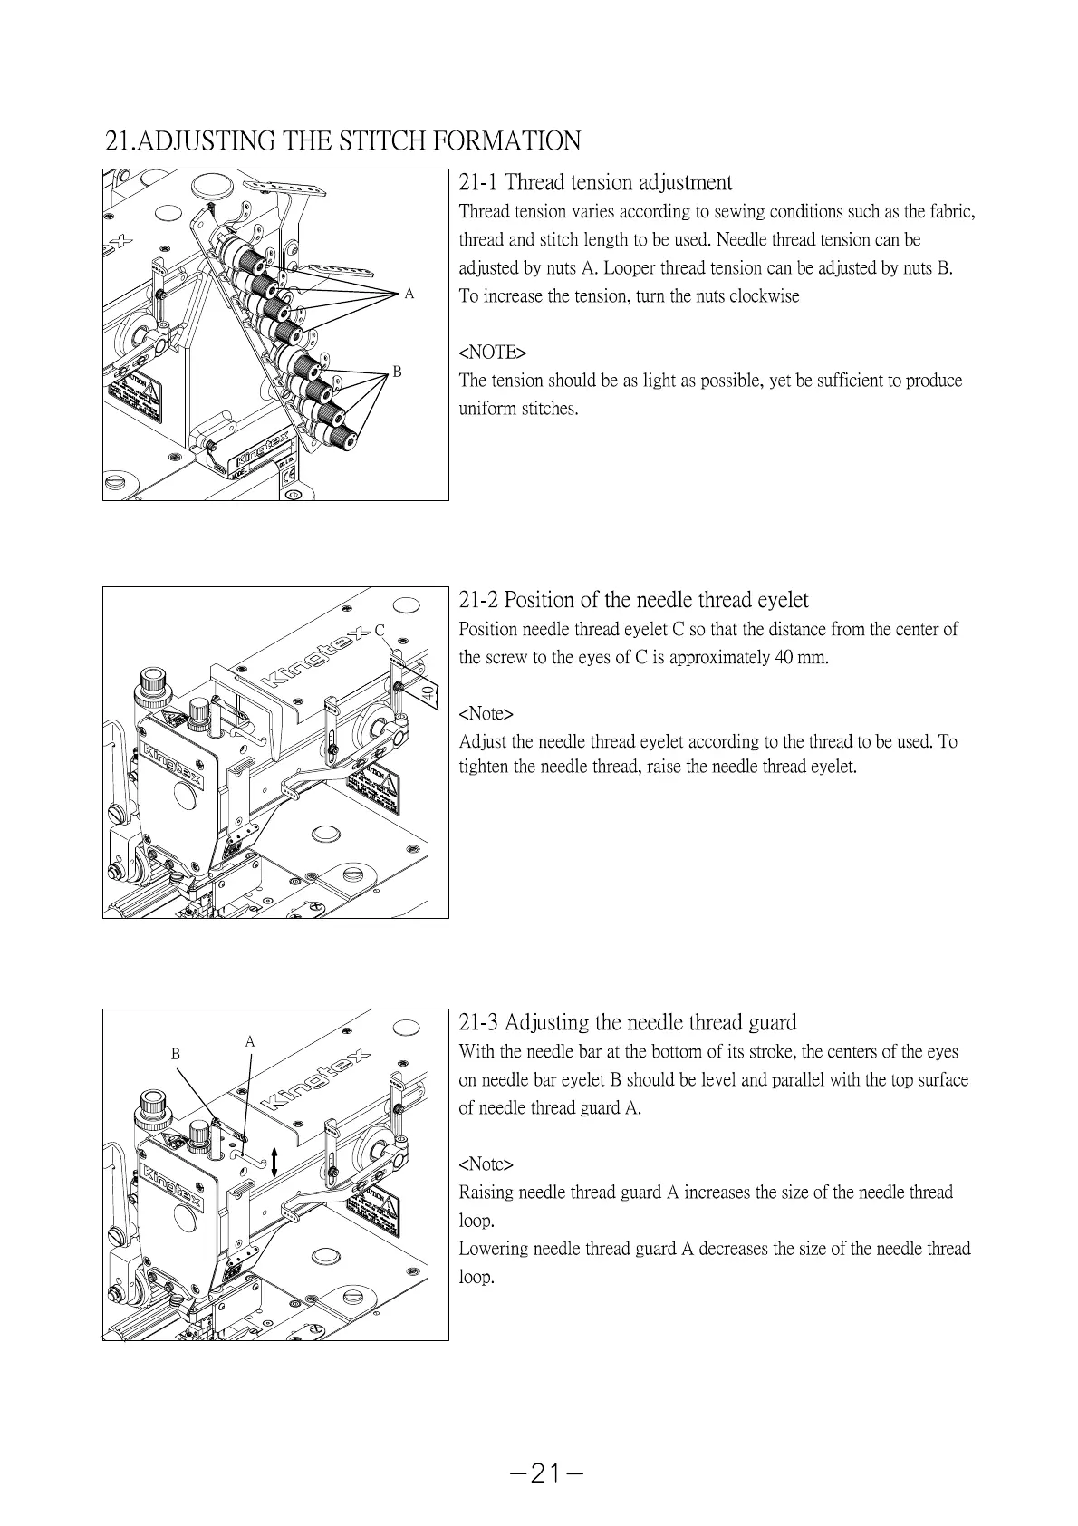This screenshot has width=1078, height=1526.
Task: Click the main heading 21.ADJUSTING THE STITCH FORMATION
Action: click(342, 141)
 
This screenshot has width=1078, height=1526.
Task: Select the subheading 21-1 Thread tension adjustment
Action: click(595, 183)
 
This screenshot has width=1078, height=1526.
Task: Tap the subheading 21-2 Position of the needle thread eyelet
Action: click(633, 600)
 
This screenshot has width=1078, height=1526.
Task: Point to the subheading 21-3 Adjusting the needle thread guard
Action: click(628, 1023)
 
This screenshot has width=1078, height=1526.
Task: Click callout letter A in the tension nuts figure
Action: click(409, 294)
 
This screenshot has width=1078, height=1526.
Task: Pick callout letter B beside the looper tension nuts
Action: click(397, 372)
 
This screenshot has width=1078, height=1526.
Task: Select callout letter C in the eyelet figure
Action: click(380, 630)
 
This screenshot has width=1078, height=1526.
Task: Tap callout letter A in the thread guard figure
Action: click(250, 1042)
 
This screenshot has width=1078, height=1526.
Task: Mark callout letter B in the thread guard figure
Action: click(177, 1054)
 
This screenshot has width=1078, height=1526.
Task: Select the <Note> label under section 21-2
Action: click(486, 713)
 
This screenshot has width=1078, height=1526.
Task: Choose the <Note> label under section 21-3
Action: click(486, 1164)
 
